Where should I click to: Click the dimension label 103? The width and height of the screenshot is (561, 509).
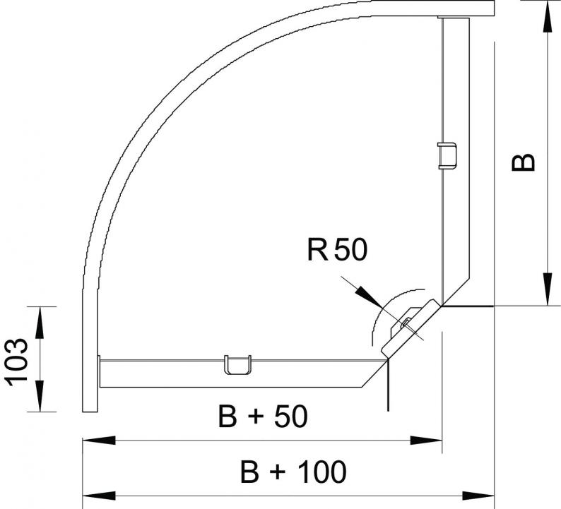18,362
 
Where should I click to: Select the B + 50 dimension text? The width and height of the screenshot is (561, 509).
263,416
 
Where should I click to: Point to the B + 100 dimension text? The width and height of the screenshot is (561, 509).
293,472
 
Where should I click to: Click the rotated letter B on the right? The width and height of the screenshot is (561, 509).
523,162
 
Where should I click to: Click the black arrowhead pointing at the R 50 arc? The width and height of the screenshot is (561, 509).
369,297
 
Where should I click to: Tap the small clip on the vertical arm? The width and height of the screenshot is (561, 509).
447,156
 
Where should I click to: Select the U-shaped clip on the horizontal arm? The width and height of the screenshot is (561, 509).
237,364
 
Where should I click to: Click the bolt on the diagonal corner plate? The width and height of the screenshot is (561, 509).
406,324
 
